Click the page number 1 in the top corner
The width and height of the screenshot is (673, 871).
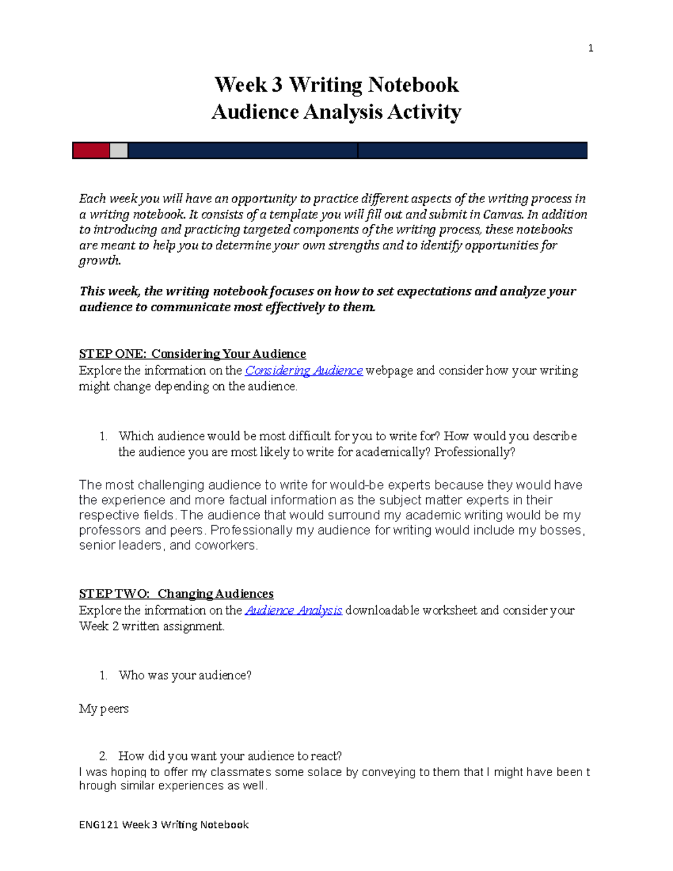pyautogui.click(x=590, y=48)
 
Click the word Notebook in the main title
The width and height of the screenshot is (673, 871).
pyautogui.click(x=413, y=85)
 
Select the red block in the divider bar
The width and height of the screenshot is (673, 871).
pyautogui.click(x=91, y=150)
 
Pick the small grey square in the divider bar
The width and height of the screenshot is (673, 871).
pyautogui.click(x=118, y=150)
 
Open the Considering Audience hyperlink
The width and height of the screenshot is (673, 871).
pyautogui.click(x=304, y=371)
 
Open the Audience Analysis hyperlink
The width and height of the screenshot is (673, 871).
pyautogui.click(x=294, y=610)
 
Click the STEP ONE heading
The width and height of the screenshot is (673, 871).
pyautogui.click(x=192, y=354)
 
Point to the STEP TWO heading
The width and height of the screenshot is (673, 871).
pyautogui.click(x=176, y=593)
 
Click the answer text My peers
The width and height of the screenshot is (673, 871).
pyautogui.click(x=104, y=709)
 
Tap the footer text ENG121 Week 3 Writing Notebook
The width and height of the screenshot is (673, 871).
pyautogui.click(x=164, y=824)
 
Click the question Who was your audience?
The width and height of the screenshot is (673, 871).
pyautogui.click(x=185, y=675)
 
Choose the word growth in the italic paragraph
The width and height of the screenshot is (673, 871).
pyautogui.click(x=100, y=260)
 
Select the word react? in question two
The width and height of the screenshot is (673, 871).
pyautogui.click(x=326, y=756)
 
